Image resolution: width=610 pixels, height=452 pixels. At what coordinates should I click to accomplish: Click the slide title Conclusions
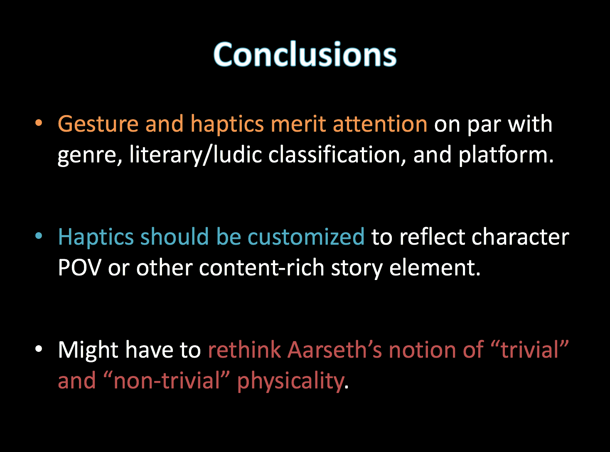(305, 54)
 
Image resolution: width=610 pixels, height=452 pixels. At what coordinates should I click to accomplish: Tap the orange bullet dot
(39, 123)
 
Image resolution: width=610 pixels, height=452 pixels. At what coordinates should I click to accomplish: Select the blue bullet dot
(39, 236)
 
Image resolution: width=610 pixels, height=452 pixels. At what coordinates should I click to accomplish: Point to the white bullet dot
(39, 349)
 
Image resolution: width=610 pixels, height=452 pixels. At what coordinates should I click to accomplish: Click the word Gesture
(98, 124)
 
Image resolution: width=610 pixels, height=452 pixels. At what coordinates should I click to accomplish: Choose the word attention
(380, 124)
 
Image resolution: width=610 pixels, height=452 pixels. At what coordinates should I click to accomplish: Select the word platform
(506, 155)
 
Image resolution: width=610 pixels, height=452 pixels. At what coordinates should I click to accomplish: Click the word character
(520, 237)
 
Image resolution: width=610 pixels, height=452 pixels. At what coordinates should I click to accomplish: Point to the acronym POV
(80, 268)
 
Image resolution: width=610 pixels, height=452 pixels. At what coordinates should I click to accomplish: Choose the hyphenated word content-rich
(261, 268)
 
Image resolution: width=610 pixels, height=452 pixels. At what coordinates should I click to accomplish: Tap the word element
(435, 268)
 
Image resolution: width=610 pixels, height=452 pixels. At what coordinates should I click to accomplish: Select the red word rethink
(244, 349)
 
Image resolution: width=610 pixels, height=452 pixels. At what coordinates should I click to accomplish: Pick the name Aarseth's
(335, 349)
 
